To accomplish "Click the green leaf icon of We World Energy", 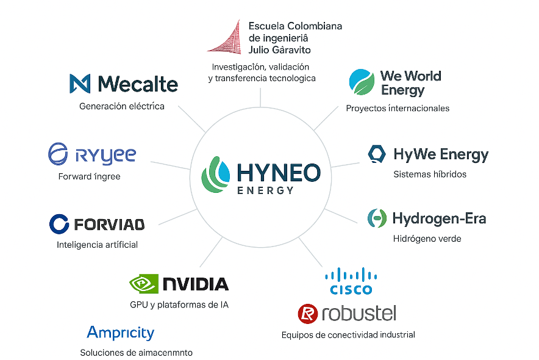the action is [x=361, y=83].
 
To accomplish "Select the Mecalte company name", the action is [x=138, y=84].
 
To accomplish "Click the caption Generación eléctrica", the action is [x=122, y=106].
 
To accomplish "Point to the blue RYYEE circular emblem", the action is [x=59, y=154].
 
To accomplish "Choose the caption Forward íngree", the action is [x=89, y=176].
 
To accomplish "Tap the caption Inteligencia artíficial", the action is [x=97, y=245].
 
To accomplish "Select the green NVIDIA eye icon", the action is [x=144, y=284].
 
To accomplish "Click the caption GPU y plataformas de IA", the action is [x=179, y=304].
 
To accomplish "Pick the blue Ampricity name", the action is [x=121, y=333].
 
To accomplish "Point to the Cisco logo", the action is [x=351, y=281].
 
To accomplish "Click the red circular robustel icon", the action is [x=308, y=314].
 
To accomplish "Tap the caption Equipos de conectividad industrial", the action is [x=348, y=334].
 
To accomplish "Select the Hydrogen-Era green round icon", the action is [x=377, y=218].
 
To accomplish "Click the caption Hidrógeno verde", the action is [x=427, y=239].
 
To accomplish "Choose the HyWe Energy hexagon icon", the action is [x=377, y=154].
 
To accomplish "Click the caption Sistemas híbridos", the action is [x=430, y=175].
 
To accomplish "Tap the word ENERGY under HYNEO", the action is [x=265, y=190].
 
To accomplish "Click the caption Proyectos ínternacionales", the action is [x=398, y=108].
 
